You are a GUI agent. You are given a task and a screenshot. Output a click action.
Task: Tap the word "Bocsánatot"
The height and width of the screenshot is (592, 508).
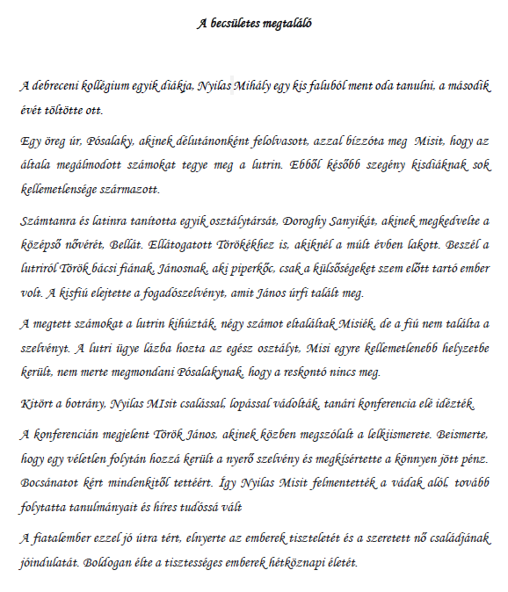pyautogui.click(x=52, y=483)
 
